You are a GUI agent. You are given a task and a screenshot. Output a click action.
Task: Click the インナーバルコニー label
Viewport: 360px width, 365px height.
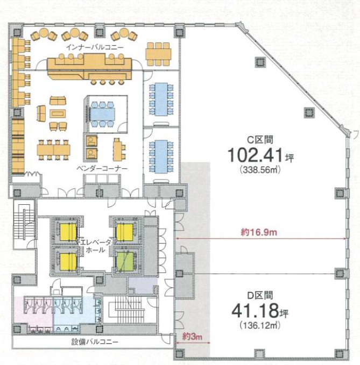click(95, 47)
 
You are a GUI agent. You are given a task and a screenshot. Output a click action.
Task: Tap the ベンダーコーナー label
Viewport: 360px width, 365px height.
click(102, 168)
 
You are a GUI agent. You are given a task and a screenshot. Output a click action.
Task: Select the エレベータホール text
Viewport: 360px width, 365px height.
click(96, 246)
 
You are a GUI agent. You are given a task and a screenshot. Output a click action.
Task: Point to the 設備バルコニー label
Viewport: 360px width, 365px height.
click(95, 342)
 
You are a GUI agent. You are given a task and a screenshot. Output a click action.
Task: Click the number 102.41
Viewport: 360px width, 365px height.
click(256, 155)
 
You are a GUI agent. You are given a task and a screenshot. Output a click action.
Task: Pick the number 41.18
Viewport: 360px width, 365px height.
click(255, 311)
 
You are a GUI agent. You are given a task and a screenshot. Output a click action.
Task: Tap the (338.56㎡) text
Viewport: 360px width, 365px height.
click(260, 170)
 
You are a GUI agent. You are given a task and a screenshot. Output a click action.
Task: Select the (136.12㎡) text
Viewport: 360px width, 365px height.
click(260, 325)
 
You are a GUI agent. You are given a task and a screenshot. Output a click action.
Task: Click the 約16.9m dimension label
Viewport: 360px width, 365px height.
click(259, 232)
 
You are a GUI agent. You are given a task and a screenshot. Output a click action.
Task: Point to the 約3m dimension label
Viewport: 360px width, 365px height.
click(192, 337)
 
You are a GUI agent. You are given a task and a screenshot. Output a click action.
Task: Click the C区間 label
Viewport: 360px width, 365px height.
click(260, 140)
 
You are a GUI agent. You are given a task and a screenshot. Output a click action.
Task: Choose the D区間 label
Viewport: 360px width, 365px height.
click(260, 296)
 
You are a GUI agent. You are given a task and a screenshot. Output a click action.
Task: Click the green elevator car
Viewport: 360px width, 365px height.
click(125, 262)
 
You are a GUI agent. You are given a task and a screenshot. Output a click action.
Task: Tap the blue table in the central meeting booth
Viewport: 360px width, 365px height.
click(103, 114)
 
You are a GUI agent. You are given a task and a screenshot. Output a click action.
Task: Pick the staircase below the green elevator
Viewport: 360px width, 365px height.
click(129, 309)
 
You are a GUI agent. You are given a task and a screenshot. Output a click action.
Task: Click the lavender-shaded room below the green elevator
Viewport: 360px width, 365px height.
click(143, 286)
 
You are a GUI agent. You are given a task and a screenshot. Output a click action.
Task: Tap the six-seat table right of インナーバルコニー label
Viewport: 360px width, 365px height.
click(158, 54)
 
